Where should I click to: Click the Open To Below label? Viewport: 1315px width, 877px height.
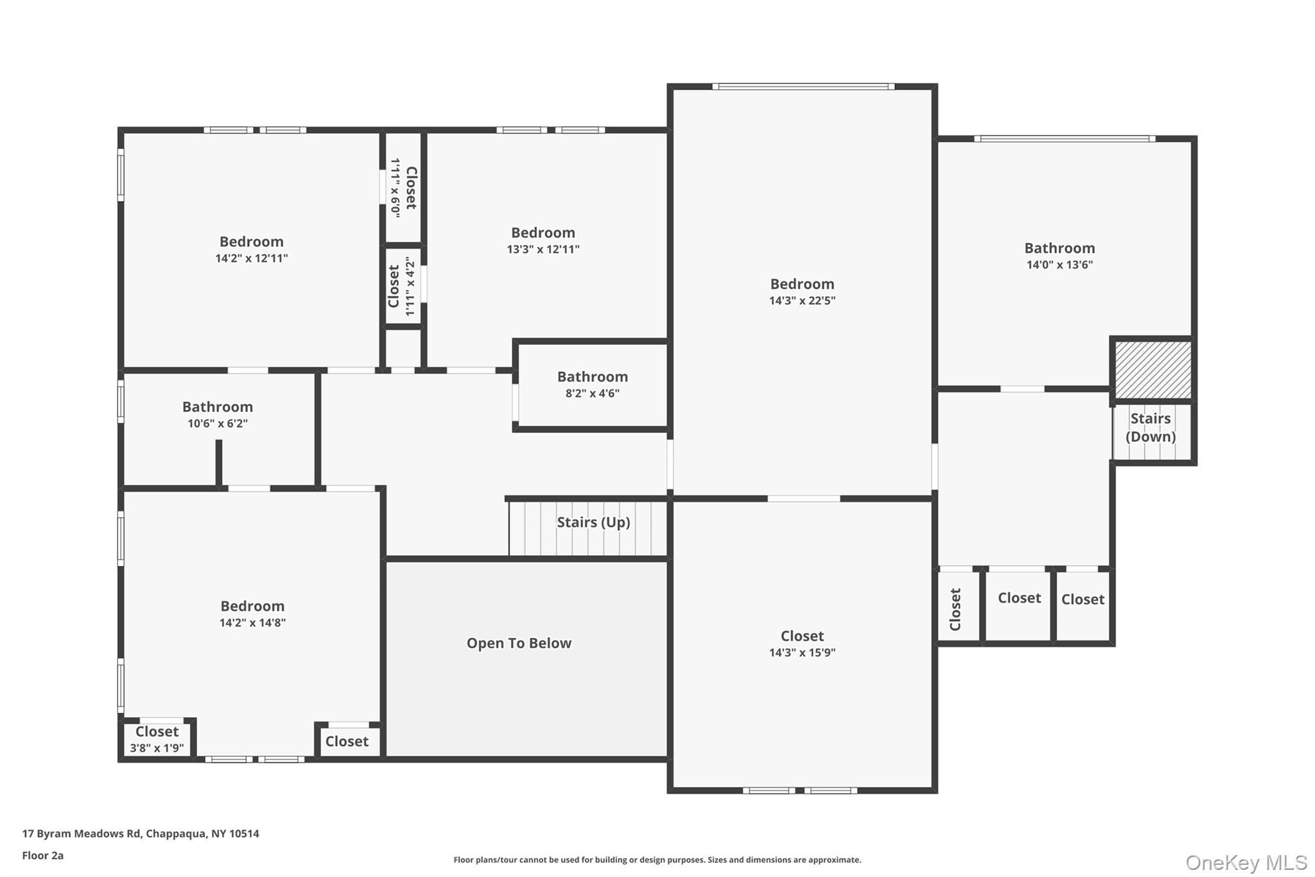(x=519, y=643)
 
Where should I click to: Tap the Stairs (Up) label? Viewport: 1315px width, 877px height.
(x=593, y=522)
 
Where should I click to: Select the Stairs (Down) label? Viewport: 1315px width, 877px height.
(x=1151, y=427)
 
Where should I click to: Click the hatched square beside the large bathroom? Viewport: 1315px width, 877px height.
(x=1153, y=369)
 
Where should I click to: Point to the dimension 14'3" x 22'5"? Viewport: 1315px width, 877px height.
(x=802, y=301)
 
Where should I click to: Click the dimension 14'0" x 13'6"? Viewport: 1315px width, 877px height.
(x=1059, y=265)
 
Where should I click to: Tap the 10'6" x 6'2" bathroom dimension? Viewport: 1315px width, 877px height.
(x=218, y=423)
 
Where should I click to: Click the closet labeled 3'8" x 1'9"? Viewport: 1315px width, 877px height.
(x=157, y=740)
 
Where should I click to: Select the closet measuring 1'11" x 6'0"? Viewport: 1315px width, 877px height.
(x=404, y=187)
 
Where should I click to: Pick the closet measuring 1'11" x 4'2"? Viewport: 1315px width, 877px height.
(x=403, y=287)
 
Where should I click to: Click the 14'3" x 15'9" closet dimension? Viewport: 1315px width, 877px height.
(x=802, y=653)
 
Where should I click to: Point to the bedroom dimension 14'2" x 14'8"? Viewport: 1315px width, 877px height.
(x=252, y=623)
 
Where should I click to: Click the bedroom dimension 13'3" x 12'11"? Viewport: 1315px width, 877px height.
(x=543, y=249)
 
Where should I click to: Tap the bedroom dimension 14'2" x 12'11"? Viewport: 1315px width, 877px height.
(x=251, y=258)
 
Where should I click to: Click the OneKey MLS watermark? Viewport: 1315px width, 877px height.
(x=1246, y=862)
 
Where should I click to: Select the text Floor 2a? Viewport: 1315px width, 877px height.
(x=43, y=855)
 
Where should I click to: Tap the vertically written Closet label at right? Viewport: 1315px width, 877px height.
(x=955, y=609)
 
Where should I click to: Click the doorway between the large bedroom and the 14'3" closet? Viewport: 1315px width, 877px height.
(x=803, y=499)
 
